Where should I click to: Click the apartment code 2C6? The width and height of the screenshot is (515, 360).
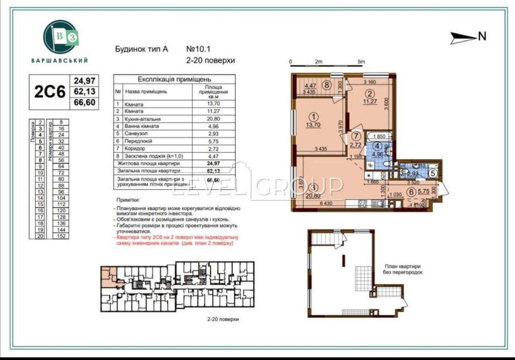point(49,92)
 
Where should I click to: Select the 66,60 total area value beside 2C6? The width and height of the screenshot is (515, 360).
point(85,104)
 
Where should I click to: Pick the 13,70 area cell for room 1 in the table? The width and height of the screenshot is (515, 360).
point(209,104)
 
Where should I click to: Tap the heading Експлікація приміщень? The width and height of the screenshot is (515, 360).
point(174,79)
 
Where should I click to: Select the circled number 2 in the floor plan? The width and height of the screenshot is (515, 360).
point(369,93)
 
